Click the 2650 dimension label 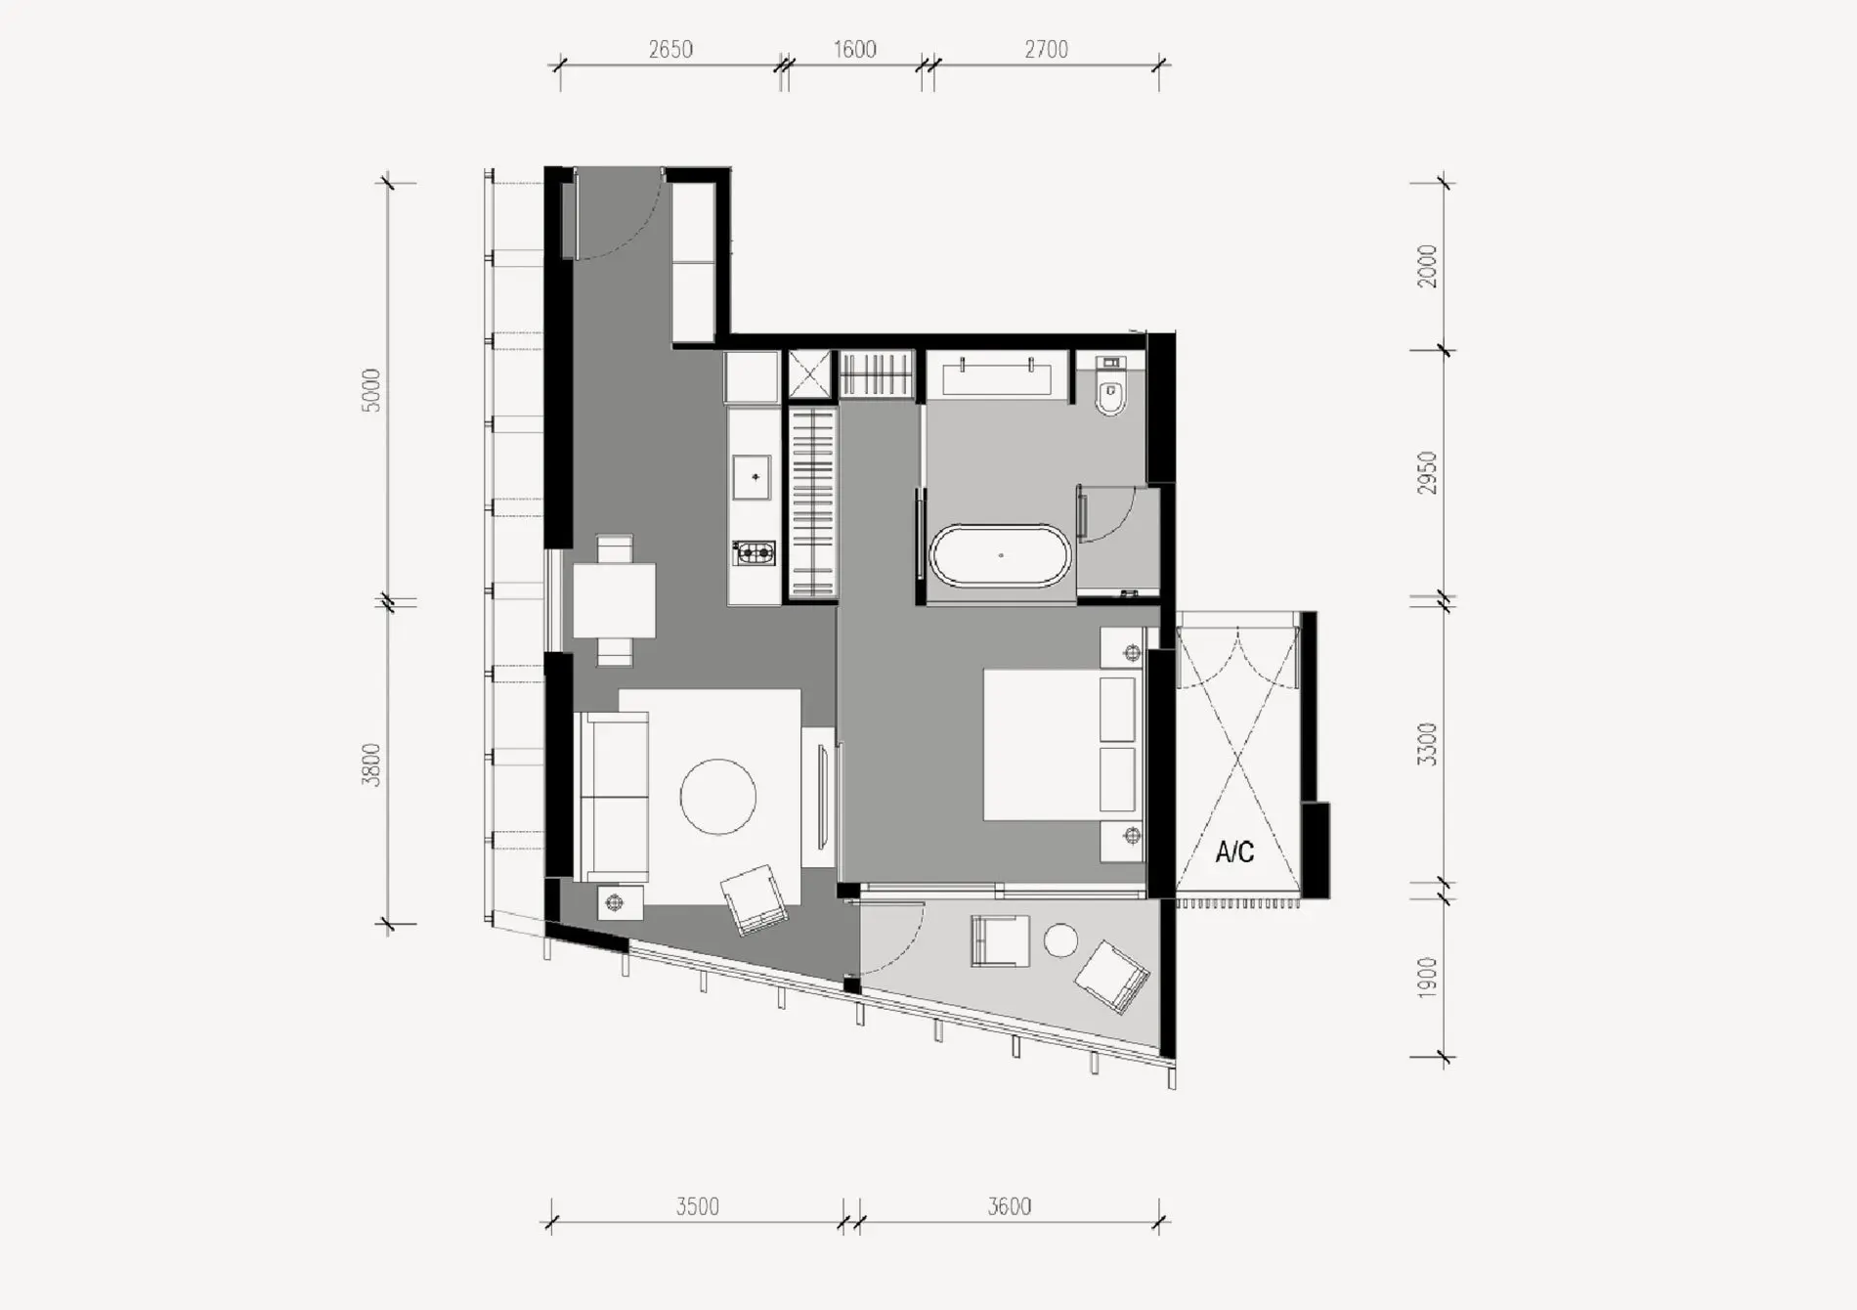[670, 49]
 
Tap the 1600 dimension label [855, 49]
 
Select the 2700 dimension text [1047, 49]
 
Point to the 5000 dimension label [371, 390]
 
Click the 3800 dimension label [371, 764]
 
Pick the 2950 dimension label [1428, 472]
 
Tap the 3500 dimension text [698, 1206]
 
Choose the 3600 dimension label [1009, 1206]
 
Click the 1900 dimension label [1428, 978]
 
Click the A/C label [1234, 852]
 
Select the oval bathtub [1001, 556]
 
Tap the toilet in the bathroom [1111, 388]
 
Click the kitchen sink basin [756, 477]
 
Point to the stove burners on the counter [755, 554]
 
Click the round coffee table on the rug [718, 797]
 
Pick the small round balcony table [1060, 940]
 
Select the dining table [614, 601]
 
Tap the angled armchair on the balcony [1111, 977]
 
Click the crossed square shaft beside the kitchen [809, 374]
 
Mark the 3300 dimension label [1428, 744]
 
